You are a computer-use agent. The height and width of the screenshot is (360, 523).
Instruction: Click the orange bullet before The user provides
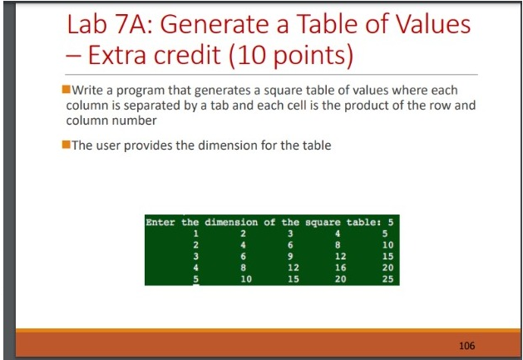[67, 145]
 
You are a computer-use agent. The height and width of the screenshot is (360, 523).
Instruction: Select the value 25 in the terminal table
[386, 279]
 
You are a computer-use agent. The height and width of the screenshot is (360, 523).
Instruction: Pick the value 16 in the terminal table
[338, 268]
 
